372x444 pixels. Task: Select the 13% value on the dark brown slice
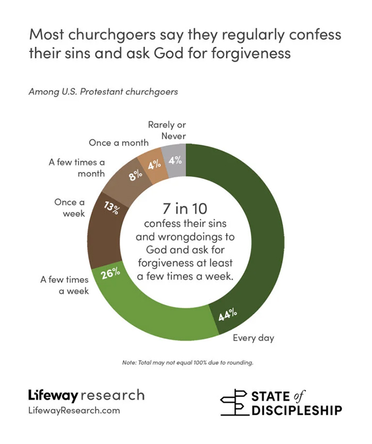click(111, 207)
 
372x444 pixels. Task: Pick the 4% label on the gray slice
click(175, 161)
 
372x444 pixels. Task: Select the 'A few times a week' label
click(64, 285)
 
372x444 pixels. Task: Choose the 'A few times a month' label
click(77, 167)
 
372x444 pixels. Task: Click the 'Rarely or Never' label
click(166, 131)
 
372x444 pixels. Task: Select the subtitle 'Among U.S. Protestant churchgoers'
click(103, 91)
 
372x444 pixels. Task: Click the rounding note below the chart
click(186, 363)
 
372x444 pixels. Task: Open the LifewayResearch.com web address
click(74, 411)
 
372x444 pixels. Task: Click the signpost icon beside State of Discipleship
click(234, 403)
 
